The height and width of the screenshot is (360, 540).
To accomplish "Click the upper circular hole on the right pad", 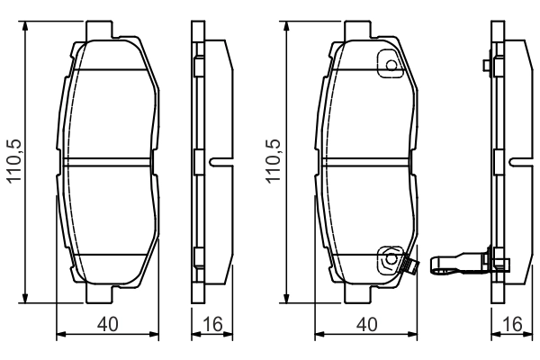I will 389,66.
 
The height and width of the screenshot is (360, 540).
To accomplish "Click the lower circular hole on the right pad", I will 390,261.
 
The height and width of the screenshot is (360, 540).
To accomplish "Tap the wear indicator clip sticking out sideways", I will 454,264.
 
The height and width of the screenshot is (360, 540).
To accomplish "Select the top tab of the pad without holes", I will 110,31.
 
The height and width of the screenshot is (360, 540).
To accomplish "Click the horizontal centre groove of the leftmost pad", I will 110,163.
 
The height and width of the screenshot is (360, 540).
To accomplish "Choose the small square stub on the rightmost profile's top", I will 486,66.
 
